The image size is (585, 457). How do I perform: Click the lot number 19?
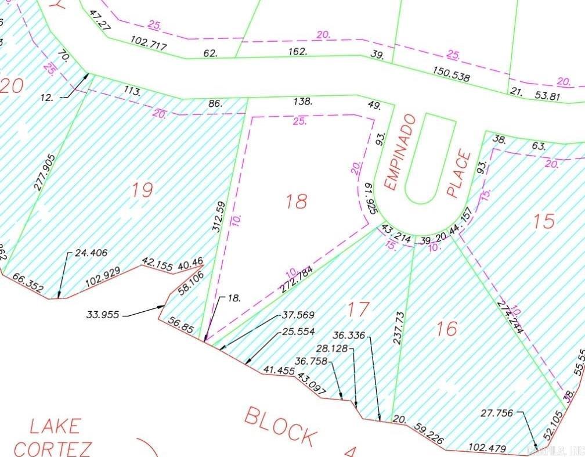click(142, 190)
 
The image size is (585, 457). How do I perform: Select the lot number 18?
click(296, 201)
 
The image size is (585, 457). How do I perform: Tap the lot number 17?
click(359, 309)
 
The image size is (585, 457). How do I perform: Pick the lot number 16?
click(446, 329)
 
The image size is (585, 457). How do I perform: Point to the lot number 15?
click(543, 221)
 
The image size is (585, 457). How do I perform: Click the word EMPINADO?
click(399, 152)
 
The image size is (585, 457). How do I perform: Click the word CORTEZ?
click(53, 448)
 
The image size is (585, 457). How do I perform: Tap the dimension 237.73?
click(399, 328)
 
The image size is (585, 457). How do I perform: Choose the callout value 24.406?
click(91, 253)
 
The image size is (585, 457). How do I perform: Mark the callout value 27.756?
click(497, 413)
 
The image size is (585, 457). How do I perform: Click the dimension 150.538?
click(450, 74)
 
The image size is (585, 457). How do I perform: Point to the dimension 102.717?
click(149, 45)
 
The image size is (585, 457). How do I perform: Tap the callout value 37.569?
click(298, 315)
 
